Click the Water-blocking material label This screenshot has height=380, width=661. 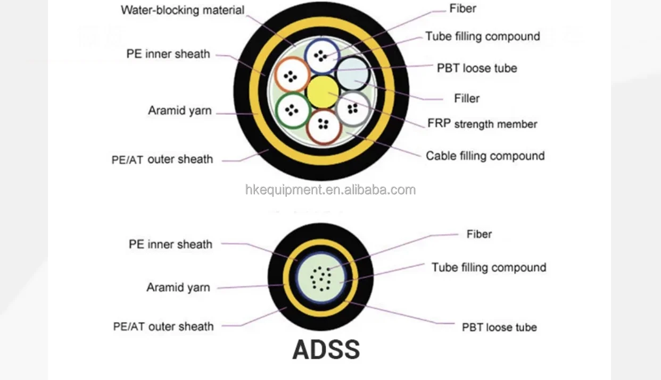(x=183, y=10)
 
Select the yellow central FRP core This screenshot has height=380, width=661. (x=323, y=91)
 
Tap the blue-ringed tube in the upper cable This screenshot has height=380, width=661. (x=321, y=56)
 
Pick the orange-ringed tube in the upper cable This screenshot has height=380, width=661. (x=292, y=75)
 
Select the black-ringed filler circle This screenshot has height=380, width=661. (x=353, y=73)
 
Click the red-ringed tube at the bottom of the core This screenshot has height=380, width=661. (x=323, y=125)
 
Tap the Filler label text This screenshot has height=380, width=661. (x=467, y=98)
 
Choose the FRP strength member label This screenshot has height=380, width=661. (x=482, y=124)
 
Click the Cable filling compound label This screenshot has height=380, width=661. (x=485, y=156)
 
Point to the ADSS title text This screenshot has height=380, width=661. (x=326, y=350)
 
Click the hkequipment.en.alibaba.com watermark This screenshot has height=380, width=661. (x=330, y=190)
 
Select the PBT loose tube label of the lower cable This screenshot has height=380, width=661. (x=499, y=327)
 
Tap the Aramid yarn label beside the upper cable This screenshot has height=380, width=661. (x=179, y=111)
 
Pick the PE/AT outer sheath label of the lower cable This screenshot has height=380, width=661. (x=163, y=326)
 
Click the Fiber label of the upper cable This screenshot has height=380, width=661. (x=462, y=9)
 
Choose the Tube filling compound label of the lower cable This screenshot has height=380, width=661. (x=489, y=267)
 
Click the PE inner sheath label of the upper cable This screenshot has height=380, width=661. (x=168, y=54)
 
